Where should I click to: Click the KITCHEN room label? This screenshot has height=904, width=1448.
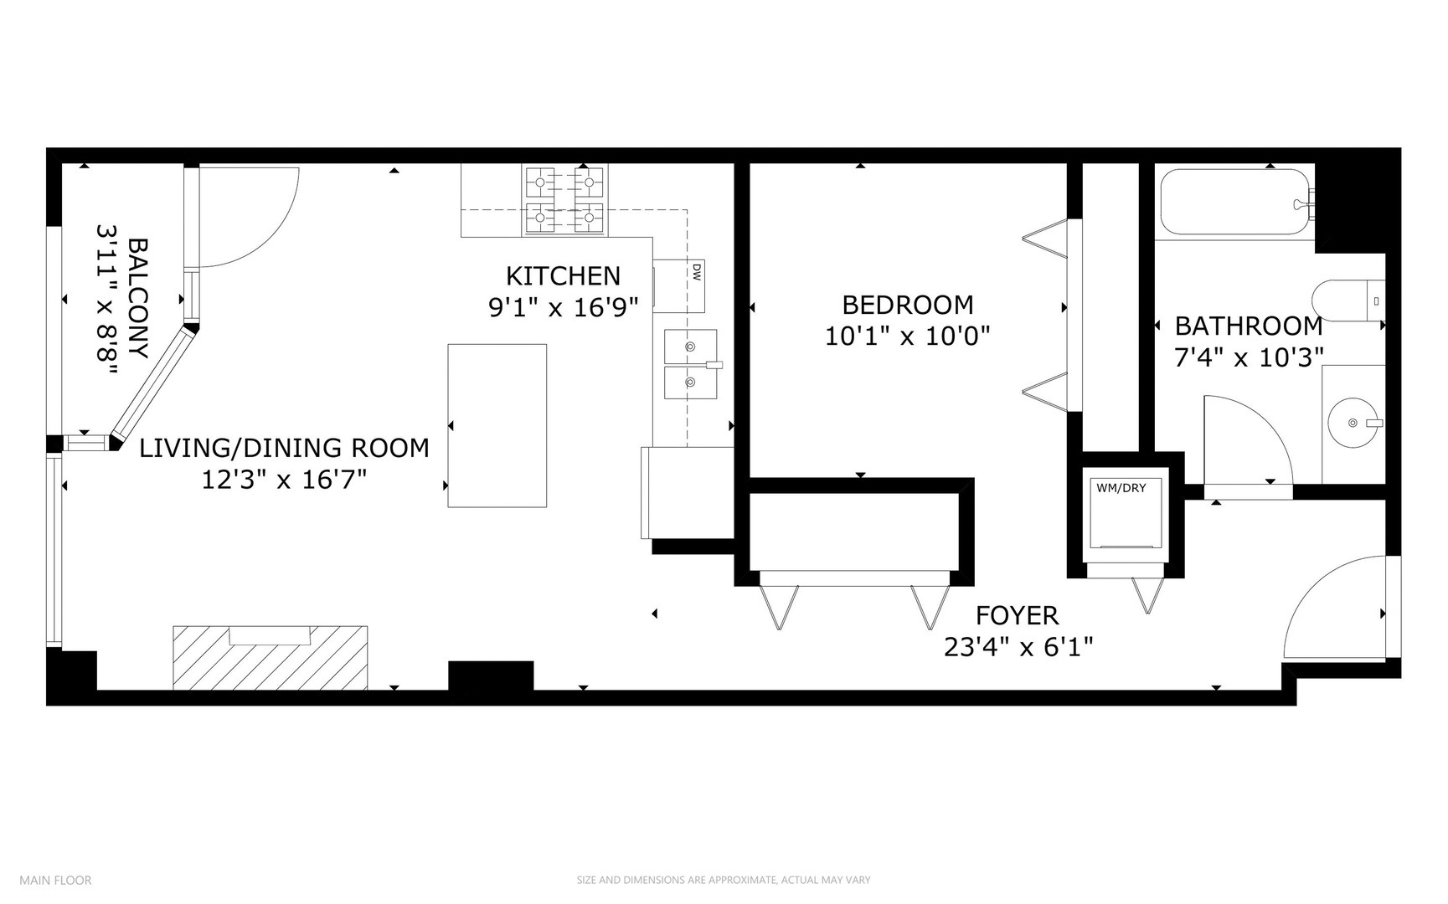[563, 275]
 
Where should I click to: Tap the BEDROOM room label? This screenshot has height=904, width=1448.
[908, 304]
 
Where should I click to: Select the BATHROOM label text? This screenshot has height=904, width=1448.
[1249, 326]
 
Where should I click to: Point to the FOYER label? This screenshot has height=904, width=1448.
[1018, 616]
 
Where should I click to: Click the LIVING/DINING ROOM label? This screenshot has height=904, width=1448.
[284, 448]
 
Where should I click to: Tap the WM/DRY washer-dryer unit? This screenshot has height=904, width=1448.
[1121, 514]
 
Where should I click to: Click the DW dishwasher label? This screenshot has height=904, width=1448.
[696, 271]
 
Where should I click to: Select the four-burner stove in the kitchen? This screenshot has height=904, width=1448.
[564, 200]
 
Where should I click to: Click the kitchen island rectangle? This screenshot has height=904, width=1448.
[497, 425]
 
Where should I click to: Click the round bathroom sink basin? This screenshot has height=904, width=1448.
[1353, 423]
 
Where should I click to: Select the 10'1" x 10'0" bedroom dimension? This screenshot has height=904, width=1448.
[908, 336]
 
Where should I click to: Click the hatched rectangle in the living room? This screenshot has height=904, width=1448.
[271, 657]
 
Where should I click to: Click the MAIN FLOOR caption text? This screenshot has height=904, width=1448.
[55, 880]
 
